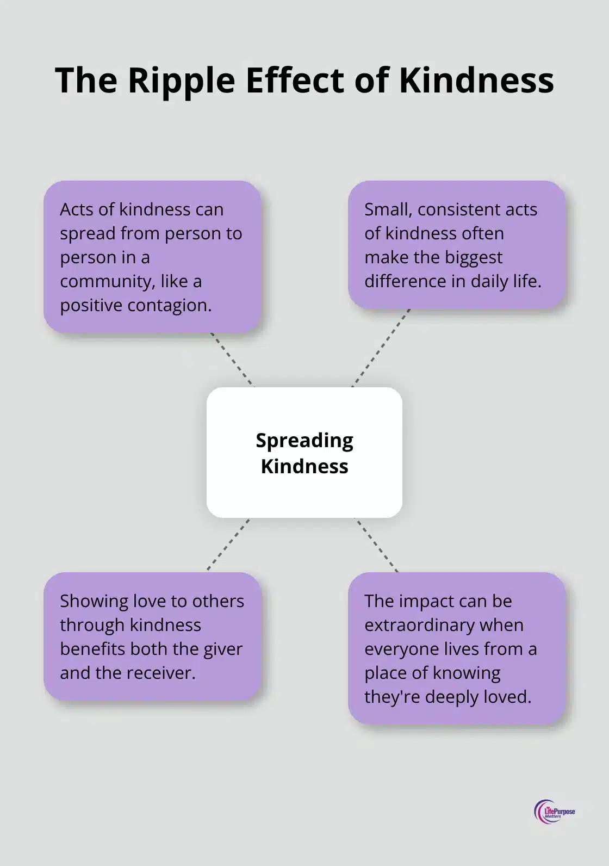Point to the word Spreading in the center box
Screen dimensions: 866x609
[304, 440]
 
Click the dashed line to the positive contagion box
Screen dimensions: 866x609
[232, 359]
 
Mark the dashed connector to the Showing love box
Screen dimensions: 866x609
[228, 544]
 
